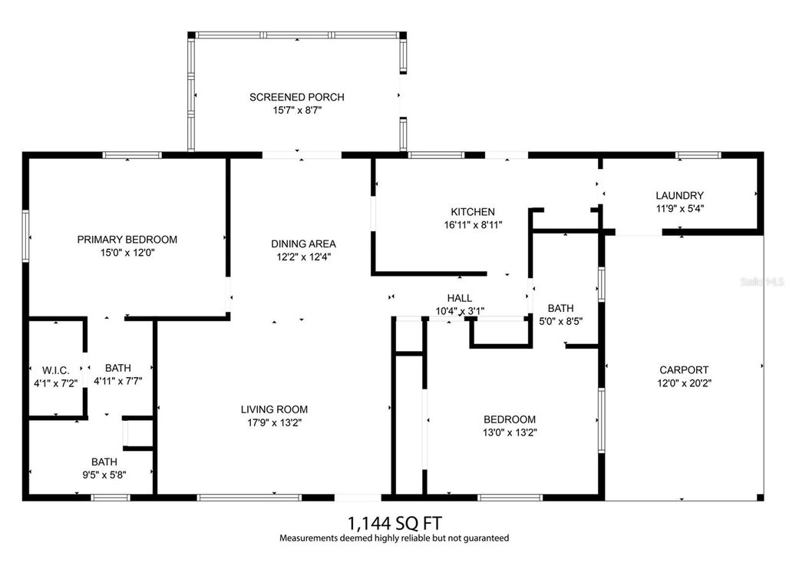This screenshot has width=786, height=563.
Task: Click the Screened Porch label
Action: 296,97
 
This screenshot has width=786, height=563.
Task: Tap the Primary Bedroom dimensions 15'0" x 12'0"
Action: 127,253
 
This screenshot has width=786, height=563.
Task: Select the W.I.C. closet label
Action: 53,370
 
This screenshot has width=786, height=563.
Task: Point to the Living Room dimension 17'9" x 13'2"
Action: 273,422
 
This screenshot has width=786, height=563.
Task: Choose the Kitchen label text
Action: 472,212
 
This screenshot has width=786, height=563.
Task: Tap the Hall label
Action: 459,298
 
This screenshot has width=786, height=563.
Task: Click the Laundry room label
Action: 679,195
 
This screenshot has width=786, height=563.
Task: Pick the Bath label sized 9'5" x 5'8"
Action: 104,462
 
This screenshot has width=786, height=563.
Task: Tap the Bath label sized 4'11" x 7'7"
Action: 117,368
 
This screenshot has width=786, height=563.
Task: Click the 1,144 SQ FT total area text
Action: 394,523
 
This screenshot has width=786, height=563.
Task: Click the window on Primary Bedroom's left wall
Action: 25,236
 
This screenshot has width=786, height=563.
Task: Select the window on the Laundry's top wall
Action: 698,155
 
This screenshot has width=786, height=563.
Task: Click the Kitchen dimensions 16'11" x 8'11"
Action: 472,225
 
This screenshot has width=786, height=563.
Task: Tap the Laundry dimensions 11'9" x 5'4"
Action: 679,208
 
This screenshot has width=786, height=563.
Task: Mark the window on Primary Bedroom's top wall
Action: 132,155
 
